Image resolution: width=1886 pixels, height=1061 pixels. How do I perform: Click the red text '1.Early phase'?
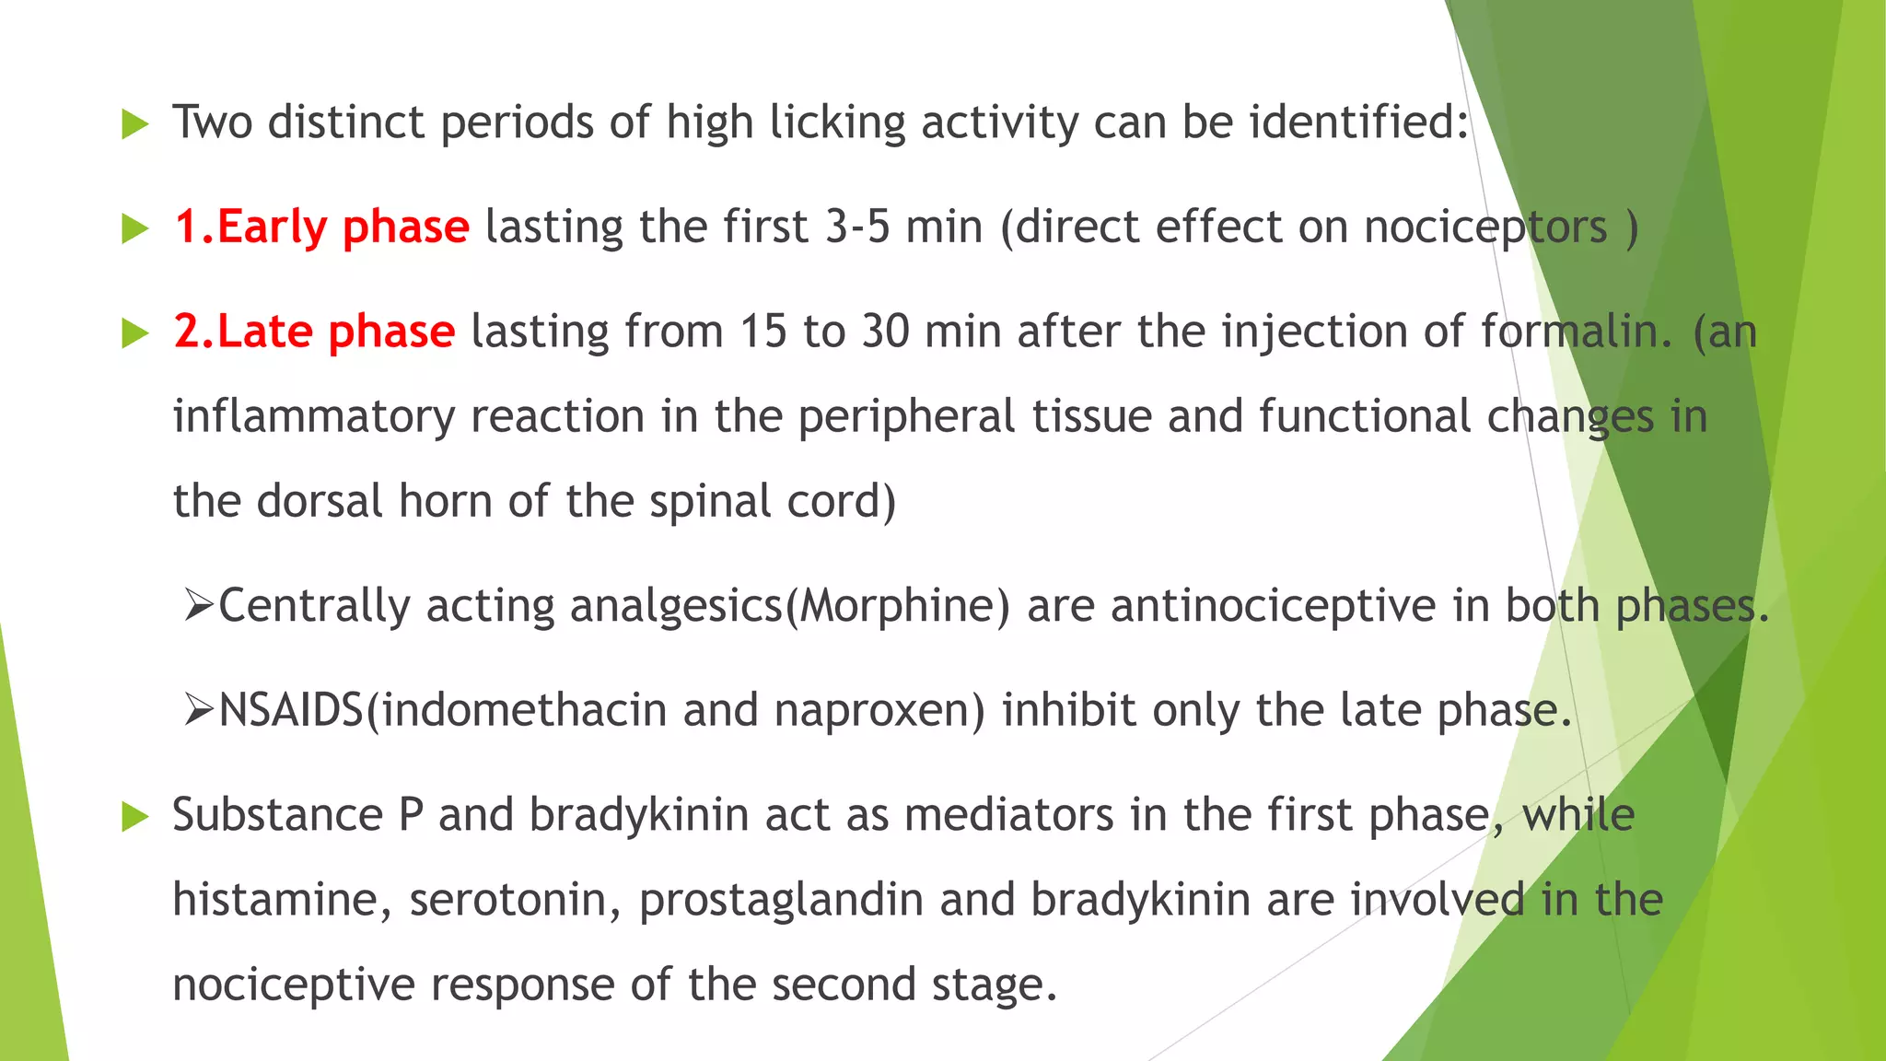coord(321,227)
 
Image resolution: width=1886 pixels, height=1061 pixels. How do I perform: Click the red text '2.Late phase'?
coord(314,332)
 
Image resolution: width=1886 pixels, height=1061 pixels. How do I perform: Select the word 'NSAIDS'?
coord(291,710)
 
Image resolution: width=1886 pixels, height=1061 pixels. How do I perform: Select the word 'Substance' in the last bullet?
coord(277,815)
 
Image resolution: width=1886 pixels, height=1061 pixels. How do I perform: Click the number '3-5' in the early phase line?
coord(857,227)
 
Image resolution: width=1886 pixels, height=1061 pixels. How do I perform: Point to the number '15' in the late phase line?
coord(763,332)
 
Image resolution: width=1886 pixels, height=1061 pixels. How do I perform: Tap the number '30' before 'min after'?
coord(885,332)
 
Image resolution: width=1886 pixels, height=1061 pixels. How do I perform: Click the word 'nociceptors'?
coord(1484,227)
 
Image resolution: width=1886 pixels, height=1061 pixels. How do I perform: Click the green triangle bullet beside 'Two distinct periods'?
coord(134,124)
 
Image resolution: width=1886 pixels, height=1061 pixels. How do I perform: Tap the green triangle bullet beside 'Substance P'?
coord(134,817)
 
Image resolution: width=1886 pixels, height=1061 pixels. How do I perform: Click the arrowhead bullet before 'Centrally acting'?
coord(198,606)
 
